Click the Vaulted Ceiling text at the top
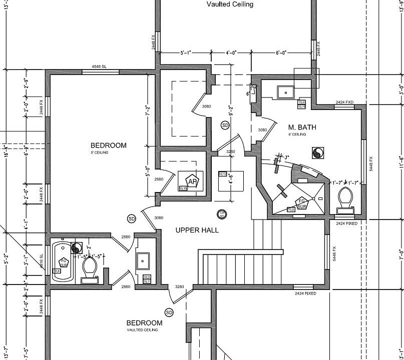pyautogui.click(x=230, y=4)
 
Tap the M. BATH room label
pyautogui.click(x=302, y=127)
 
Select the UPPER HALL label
pyautogui.click(x=197, y=230)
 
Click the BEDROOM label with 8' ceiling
pyautogui.click(x=108, y=145)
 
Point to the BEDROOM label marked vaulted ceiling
pyautogui.click(x=144, y=323)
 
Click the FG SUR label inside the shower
pyautogui.click(x=301, y=204)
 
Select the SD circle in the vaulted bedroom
pyautogui.click(x=169, y=312)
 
